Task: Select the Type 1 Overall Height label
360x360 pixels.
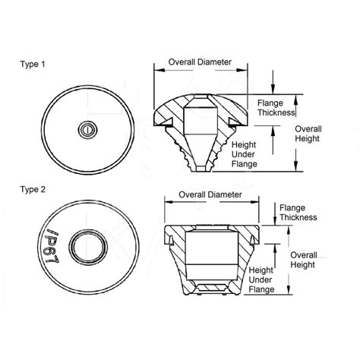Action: pos(308,134)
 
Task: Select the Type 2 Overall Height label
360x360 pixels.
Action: pos(303,260)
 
